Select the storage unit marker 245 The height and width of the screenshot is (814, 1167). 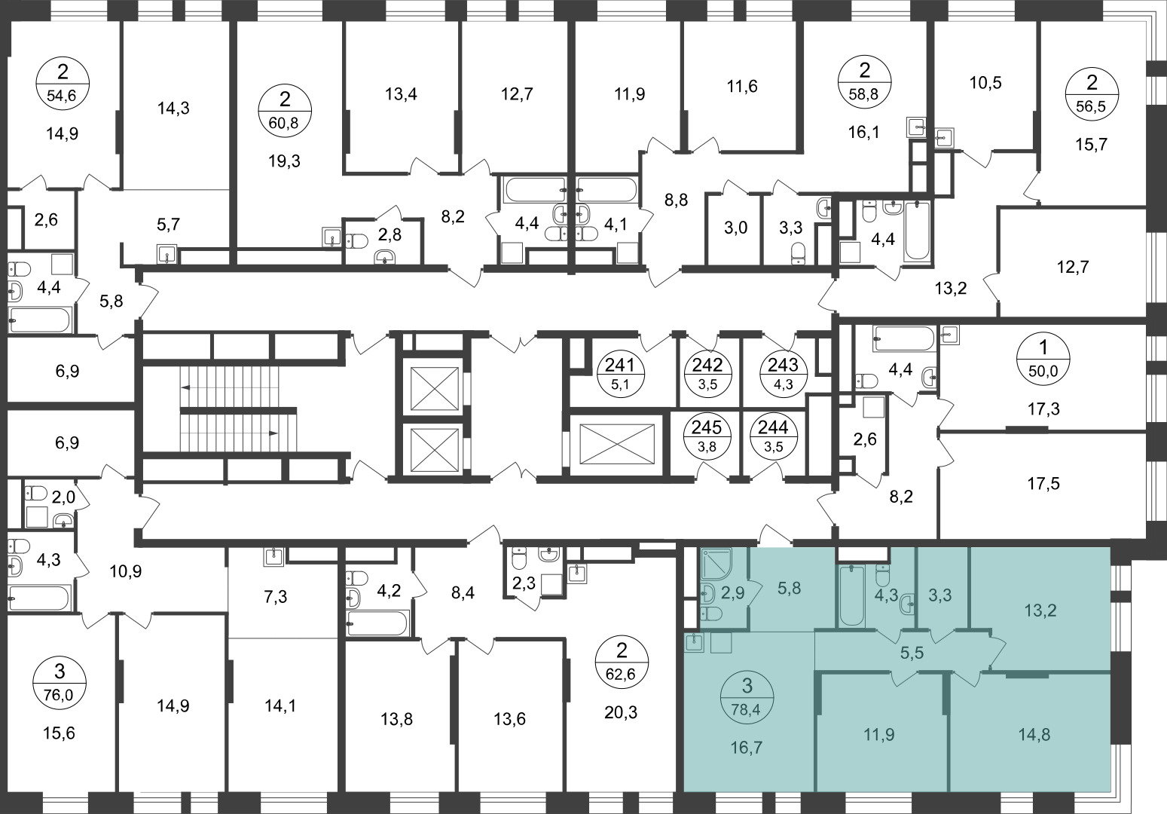click(x=707, y=434)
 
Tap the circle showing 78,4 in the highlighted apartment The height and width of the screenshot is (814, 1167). click(x=747, y=695)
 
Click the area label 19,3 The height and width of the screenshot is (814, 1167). click(x=285, y=161)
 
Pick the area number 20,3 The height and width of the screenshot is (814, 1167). click(x=621, y=711)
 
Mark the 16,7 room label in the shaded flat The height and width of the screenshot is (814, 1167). click(x=747, y=748)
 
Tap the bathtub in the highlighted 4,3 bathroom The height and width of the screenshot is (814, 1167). click(x=851, y=595)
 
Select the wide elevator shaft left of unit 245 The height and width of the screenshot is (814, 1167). click(x=617, y=444)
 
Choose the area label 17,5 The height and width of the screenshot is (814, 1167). click(x=1043, y=484)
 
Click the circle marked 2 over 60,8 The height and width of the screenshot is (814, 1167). click(x=285, y=112)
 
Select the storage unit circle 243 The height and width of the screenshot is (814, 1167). click(x=783, y=372)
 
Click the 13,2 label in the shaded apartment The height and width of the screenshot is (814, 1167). click(x=1040, y=610)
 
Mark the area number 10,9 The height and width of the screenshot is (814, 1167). click(x=126, y=572)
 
